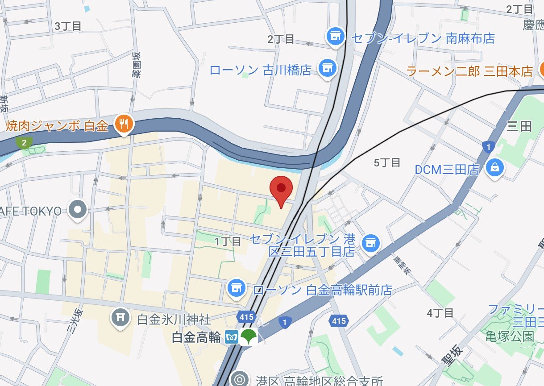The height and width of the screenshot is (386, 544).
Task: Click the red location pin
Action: tap(281, 189)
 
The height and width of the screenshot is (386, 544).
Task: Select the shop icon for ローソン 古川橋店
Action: tap(328, 67)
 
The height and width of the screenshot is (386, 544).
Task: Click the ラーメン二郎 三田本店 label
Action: tap(470, 71)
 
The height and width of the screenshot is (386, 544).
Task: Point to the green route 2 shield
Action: tap(24, 142)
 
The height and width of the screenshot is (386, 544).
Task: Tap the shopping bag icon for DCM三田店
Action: tap(495, 168)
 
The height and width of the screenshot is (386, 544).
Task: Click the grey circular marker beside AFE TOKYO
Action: tap(79, 209)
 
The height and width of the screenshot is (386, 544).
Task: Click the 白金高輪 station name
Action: tap(196, 337)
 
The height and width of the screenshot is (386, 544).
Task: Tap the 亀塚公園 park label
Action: tap(510, 336)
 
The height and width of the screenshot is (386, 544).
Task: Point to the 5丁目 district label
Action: tap(387, 163)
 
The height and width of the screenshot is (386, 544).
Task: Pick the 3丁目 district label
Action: tap(68, 26)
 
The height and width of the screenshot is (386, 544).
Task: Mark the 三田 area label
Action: tap(520, 127)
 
